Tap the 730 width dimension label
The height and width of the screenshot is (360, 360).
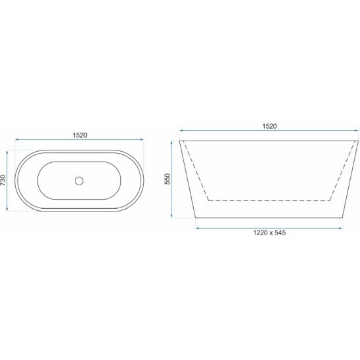(3, 180)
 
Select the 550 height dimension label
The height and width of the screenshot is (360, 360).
(168, 179)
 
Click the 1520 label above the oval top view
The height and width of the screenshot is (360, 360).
(80, 135)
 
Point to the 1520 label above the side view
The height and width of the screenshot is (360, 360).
(269, 126)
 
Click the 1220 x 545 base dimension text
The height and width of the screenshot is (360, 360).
(269, 233)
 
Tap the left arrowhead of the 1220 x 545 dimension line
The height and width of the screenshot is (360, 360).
(197, 228)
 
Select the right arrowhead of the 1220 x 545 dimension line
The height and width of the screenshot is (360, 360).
(340, 228)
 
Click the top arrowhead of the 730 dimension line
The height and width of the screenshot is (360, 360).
(7, 152)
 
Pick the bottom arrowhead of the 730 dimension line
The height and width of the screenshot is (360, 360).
(7, 209)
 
